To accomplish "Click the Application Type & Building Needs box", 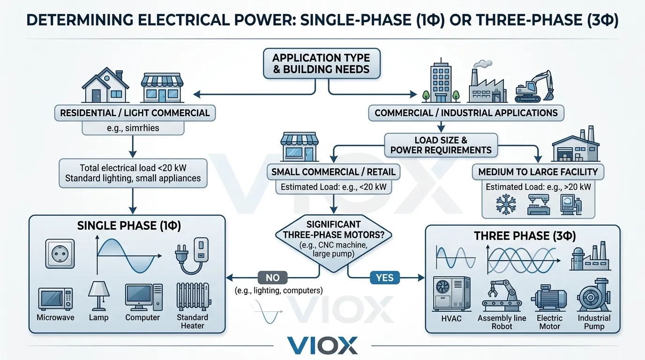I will pyautogui.click(x=321, y=64).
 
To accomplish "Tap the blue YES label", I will pyautogui.click(x=384, y=278).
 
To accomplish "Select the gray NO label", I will pyautogui.click(x=272, y=277).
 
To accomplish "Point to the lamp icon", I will pyautogui.click(x=98, y=295).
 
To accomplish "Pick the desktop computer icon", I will pyautogui.click(x=143, y=297).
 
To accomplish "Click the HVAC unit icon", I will pyautogui.click(x=450, y=294).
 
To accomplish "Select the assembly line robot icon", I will pyautogui.click(x=502, y=296).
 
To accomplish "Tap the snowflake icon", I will pyautogui.click(x=505, y=204).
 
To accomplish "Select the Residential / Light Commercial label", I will pyautogui.click(x=135, y=113).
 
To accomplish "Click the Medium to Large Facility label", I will pyautogui.click(x=538, y=172).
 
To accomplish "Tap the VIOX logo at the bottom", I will pyautogui.click(x=322, y=345).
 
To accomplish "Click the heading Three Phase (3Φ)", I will pyautogui.click(x=525, y=235).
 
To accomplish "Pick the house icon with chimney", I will pyautogui.click(x=105, y=86).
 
